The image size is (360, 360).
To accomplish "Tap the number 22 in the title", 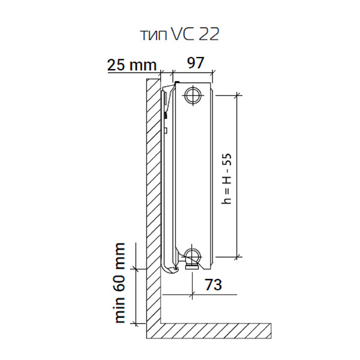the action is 209,34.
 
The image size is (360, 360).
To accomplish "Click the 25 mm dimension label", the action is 132,65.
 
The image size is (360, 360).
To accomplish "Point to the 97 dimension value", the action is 196,62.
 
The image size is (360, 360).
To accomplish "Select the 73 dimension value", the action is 214,284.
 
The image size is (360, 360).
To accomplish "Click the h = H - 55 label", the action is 226,179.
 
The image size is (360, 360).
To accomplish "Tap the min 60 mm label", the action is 120,283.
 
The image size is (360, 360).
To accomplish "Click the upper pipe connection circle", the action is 193,95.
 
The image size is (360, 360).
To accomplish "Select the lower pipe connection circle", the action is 193,256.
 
